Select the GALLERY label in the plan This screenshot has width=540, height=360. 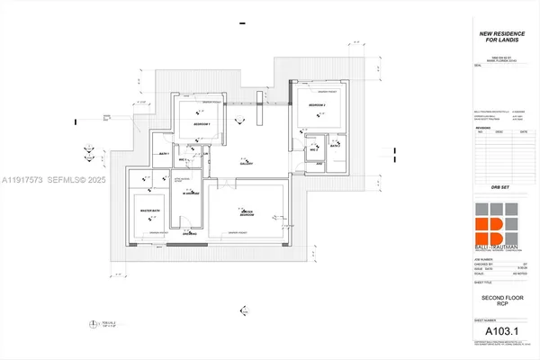coord(245,163)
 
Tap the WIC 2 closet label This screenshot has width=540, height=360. coord(315,150)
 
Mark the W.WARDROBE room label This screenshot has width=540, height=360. coord(191,192)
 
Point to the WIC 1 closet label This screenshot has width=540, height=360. coord(183,159)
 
